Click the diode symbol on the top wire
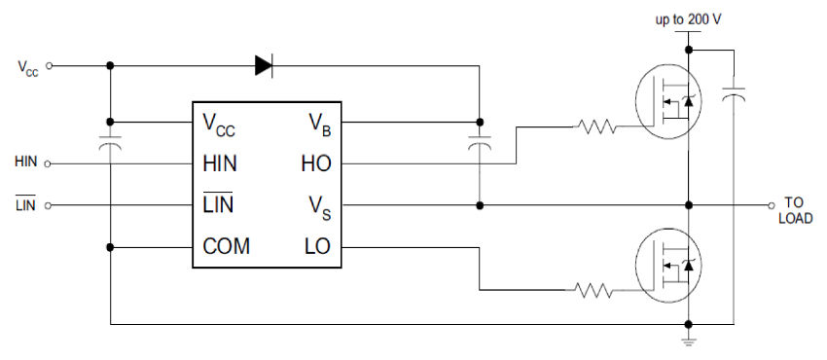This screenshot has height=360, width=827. (x=264, y=65)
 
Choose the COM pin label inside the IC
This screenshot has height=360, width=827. (x=226, y=247)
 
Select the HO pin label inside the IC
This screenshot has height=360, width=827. (x=316, y=164)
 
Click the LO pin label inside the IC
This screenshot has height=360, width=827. (x=317, y=247)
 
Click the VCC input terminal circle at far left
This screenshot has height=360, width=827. (x=50, y=66)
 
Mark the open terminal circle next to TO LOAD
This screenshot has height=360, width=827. (x=769, y=205)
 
